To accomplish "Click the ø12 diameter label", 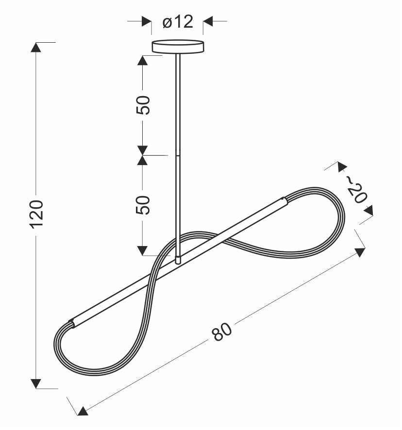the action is [x=178, y=22].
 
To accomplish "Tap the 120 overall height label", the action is [x=36, y=214].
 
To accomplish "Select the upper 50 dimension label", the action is [x=143, y=105].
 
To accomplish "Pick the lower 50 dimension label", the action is [x=143, y=205].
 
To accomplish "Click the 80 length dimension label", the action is [x=222, y=331].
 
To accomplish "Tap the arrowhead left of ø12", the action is [x=147, y=21].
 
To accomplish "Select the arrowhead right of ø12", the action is [x=208, y=21].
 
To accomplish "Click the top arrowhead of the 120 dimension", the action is [x=36, y=47].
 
